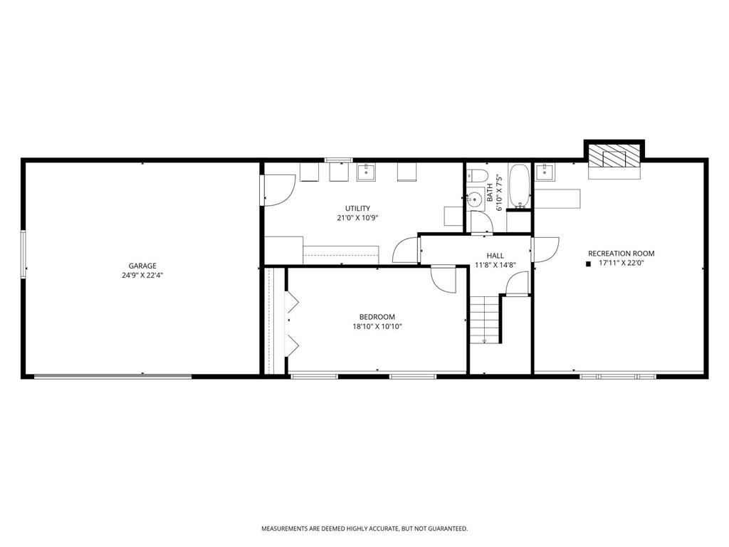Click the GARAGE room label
[142, 266]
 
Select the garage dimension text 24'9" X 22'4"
[142, 275]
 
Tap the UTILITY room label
[357, 209]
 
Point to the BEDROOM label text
[377, 317]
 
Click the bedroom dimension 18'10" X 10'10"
[377, 327]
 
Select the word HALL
[495, 256]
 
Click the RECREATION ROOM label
[621, 254]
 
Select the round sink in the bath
[474, 200]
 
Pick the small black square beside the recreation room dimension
[588, 264]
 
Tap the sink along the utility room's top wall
[366, 172]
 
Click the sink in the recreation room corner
[545, 172]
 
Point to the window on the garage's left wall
[25, 254]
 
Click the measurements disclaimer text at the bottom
[364, 528]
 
